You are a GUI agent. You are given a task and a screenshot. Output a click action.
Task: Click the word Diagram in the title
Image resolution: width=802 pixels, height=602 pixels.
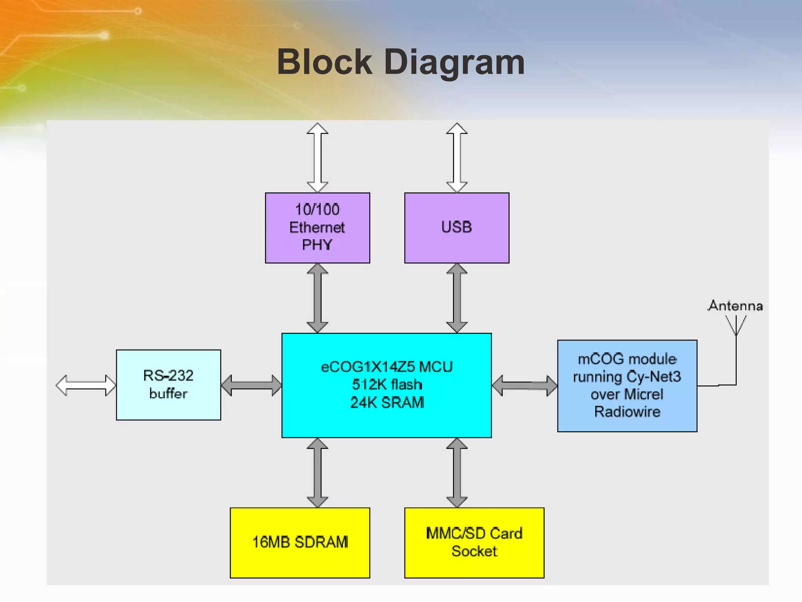[x=454, y=63]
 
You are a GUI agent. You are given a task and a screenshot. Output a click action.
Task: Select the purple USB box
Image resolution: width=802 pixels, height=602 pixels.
[x=457, y=228]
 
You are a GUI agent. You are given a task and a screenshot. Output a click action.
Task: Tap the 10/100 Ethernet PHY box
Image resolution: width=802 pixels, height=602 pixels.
[x=317, y=228]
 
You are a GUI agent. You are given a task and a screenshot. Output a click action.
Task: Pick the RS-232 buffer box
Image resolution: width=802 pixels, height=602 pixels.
[x=168, y=384]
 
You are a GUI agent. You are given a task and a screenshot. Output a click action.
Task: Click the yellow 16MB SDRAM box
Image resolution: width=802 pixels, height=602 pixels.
[x=300, y=542]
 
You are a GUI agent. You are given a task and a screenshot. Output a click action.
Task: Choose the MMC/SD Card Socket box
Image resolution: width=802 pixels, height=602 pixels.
[x=474, y=542]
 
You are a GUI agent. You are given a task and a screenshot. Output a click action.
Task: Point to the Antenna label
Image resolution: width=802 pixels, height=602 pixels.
[x=735, y=306]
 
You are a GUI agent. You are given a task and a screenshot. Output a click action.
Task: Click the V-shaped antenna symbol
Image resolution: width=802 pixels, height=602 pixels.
[x=736, y=325]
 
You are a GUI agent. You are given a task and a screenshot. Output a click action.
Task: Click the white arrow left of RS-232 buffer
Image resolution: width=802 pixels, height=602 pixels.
[x=86, y=385]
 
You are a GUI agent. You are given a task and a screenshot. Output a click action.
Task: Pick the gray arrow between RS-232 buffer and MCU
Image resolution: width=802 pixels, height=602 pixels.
[x=251, y=385]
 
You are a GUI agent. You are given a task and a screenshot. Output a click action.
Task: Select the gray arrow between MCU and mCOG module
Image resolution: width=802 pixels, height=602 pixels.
[x=524, y=386]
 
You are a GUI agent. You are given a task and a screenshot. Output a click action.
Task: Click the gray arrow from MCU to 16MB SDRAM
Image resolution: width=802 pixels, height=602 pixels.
[x=317, y=473]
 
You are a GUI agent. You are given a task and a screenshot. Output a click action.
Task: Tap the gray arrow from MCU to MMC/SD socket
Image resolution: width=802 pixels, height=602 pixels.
[x=457, y=473]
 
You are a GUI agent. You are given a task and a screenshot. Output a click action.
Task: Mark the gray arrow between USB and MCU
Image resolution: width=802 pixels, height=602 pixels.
[x=457, y=298]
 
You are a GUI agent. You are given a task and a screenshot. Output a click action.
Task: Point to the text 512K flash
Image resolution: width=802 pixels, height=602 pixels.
[x=387, y=384]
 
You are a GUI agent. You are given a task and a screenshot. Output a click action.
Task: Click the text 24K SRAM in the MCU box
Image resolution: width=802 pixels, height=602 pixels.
[x=387, y=403]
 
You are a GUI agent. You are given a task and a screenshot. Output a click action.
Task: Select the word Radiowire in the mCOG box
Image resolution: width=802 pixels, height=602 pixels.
[x=627, y=412]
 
